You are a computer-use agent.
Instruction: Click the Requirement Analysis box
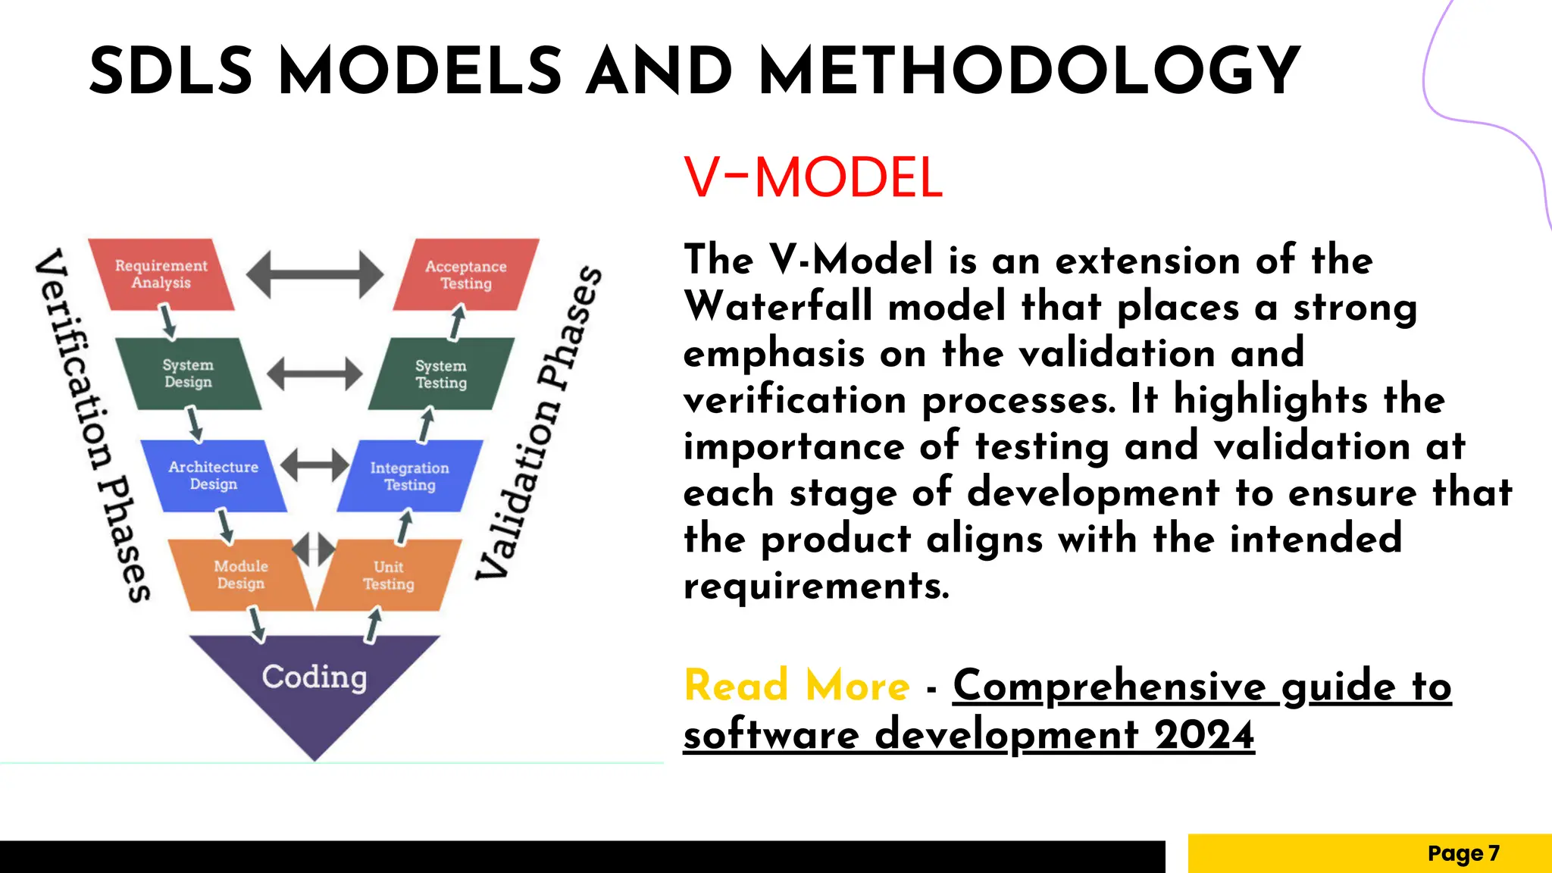(161, 274)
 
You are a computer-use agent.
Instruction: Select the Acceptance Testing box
(465, 274)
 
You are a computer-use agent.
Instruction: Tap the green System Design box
(188, 374)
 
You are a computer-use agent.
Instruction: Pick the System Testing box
(441, 374)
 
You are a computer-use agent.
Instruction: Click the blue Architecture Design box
(214, 475)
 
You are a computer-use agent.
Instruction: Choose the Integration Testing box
(409, 476)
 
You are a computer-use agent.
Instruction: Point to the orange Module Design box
(241, 574)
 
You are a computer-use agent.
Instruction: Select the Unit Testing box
(389, 575)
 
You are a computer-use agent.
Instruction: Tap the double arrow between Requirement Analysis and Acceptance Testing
(314, 274)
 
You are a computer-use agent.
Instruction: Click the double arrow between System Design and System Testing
(314, 374)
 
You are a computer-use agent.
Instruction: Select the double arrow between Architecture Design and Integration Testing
(314, 465)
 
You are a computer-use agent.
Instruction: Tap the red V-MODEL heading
(812, 178)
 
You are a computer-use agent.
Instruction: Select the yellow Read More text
(796, 685)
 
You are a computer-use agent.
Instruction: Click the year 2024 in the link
(1204, 734)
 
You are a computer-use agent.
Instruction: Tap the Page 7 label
(1463, 853)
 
